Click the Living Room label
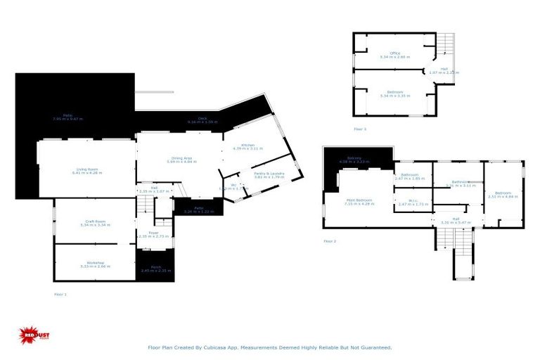[x=86, y=169]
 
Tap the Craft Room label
[x=95, y=222]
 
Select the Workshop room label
[x=95, y=264]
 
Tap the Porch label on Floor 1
[x=155, y=269]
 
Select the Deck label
[x=202, y=119]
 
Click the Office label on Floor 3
[x=394, y=53]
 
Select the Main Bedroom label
[x=359, y=200]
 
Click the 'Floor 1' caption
[x=60, y=294]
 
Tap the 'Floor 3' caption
[x=359, y=129]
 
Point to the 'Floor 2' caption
[x=330, y=241]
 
